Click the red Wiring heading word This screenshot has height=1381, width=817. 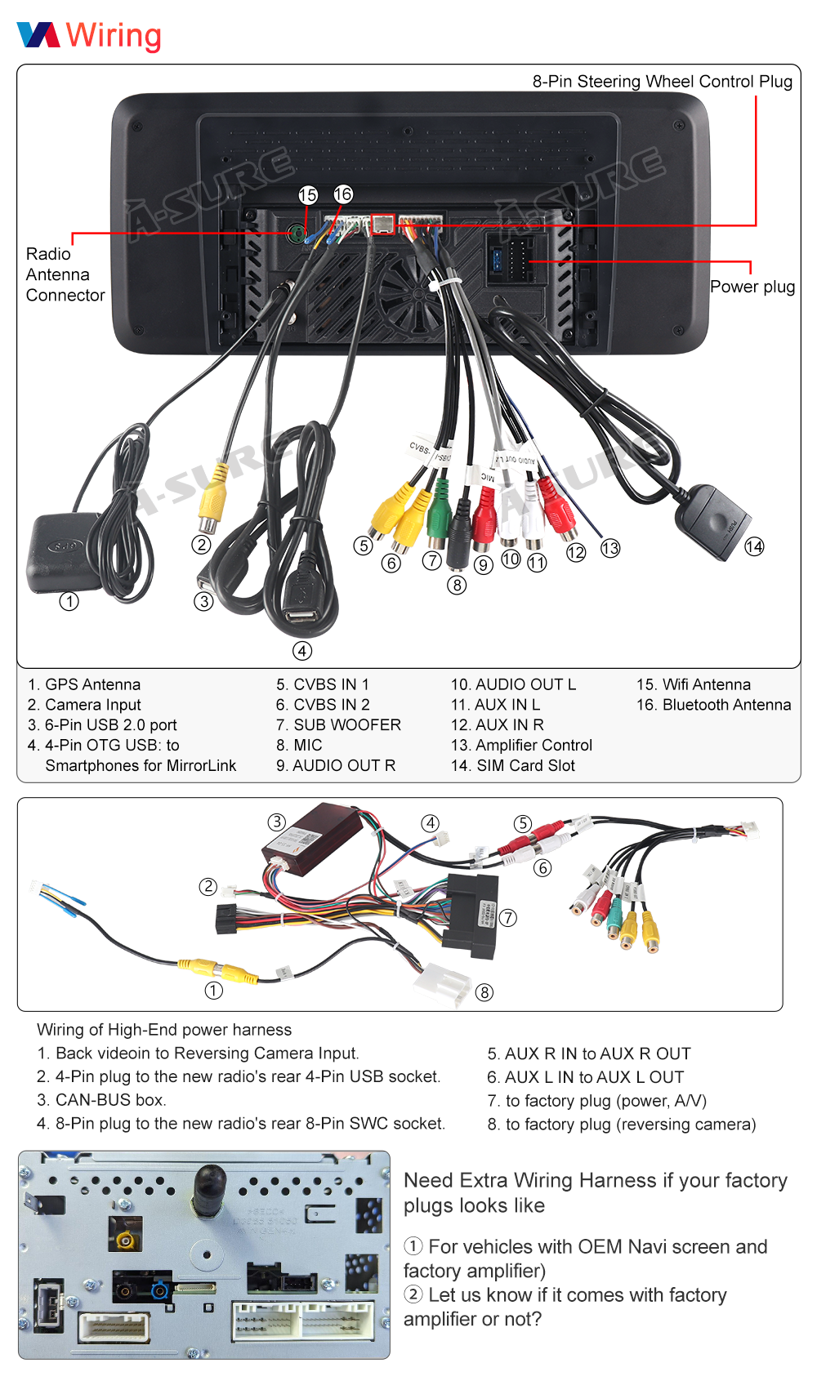(x=114, y=35)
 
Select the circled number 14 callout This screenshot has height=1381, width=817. (x=754, y=546)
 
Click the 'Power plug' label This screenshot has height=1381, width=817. (x=752, y=287)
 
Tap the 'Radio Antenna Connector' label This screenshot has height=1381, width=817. (x=65, y=274)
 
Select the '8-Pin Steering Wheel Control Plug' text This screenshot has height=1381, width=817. (x=662, y=82)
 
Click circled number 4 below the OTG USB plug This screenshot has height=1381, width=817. (x=302, y=651)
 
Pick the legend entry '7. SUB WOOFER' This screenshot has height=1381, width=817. (x=338, y=724)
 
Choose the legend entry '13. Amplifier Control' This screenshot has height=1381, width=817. (x=521, y=745)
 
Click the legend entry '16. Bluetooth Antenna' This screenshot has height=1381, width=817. (x=713, y=705)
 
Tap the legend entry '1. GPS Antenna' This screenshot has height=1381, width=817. (x=84, y=684)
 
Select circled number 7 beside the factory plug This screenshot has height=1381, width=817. (x=508, y=918)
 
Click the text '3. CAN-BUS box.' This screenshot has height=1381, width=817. (x=101, y=1100)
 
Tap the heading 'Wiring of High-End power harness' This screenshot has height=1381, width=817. (x=164, y=1030)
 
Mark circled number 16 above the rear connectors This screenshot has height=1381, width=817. (x=343, y=194)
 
